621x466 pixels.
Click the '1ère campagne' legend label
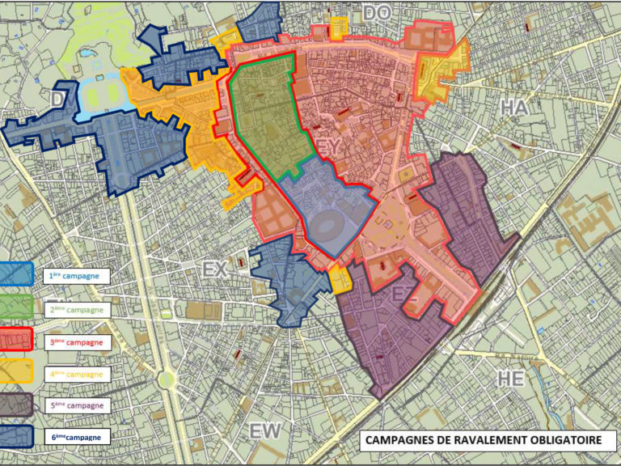(x=77, y=276)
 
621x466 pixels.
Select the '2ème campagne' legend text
(x=77, y=309)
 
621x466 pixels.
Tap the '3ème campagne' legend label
(x=77, y=342)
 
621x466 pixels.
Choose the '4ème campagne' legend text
(x=77, y=375)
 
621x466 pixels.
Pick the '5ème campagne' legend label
(x=77, y=405)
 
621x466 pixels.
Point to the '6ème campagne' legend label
(x=77, y=438)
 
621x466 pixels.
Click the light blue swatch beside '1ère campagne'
(x=16, y=275)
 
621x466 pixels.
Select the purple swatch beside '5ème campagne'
(x=16, y=405)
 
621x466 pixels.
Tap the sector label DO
(x=376, y=12)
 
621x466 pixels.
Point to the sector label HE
(x=512, y=378)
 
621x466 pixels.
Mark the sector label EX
(x=215, y=270)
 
